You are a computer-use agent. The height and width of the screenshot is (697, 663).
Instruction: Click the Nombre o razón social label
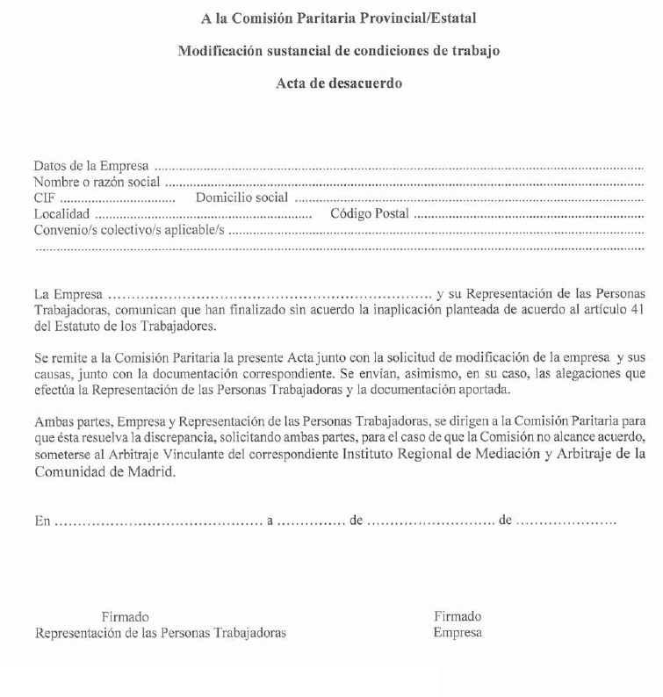(x=97, y=182)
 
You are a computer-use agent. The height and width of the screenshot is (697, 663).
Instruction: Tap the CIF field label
(x=44, y=198)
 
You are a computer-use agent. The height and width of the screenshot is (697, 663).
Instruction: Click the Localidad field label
(x=61, y=213)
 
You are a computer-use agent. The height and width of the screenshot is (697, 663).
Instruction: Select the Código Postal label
(x=370, y=213)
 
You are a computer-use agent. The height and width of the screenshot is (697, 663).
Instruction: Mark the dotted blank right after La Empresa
(x=268, y=293)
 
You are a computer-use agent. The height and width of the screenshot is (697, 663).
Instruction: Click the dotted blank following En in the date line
(x=158, y=520)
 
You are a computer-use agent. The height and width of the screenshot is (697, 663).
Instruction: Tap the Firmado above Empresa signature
(x=458, y=616)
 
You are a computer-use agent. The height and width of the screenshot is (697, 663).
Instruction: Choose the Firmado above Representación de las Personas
(x=125, y=616)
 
